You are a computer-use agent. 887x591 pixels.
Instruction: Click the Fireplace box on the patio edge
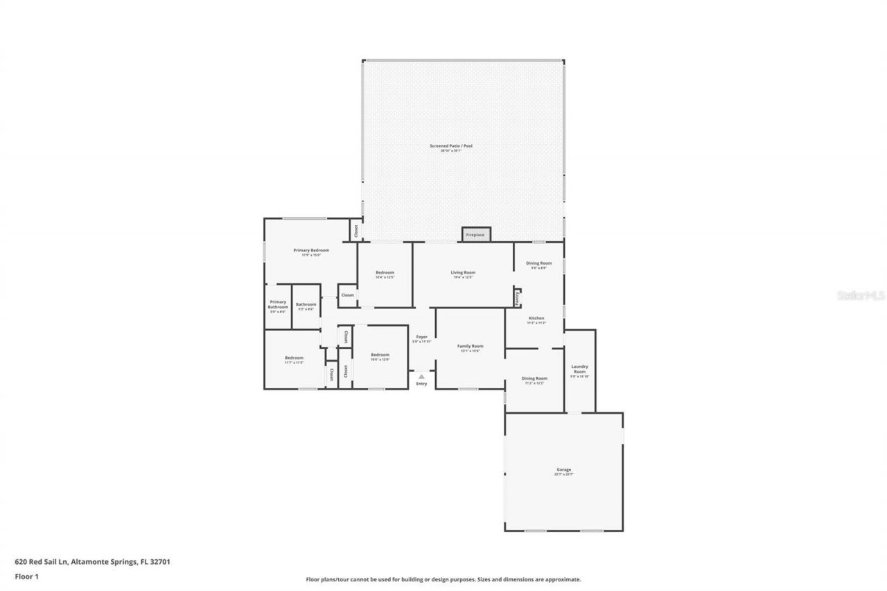point(476,234)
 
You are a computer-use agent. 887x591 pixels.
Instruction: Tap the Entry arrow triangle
point(421,377)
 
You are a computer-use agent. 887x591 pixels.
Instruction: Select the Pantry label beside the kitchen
point(517,297)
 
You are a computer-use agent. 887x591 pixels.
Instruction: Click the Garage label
point(563,470)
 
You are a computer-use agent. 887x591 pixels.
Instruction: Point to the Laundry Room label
point(579,369)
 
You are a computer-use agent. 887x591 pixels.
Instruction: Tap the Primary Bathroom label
point(278,304)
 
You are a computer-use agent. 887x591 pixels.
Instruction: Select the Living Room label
point(463,272)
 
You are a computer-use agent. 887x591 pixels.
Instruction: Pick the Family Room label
point(470,346)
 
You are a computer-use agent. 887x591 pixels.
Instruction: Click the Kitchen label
point(536,318)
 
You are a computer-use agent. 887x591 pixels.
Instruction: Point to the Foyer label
point(421,337)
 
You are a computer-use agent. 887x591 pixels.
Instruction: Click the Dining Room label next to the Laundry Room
point(535,378)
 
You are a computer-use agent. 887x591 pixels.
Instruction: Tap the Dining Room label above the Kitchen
point(538,263)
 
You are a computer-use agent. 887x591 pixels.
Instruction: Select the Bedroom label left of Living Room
point(385,272)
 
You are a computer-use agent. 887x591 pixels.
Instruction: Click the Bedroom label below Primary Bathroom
point(294,358)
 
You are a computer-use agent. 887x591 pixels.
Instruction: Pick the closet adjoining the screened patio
point(355,229)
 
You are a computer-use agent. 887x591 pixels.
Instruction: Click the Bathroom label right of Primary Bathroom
point(306,304)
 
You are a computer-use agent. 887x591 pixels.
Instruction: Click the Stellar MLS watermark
point(861,295)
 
